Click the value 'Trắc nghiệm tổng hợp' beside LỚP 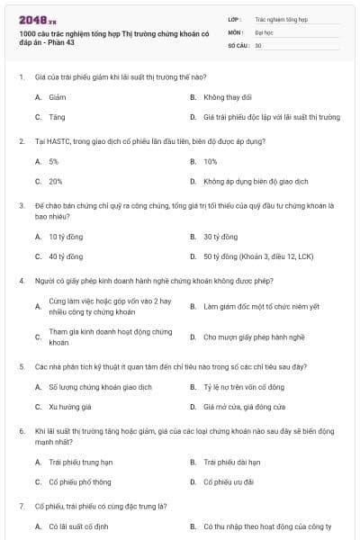click(280, 18)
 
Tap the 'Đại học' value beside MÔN click(265, 31)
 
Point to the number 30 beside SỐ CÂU click(258, 44)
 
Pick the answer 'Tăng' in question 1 click(57, 117)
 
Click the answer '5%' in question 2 click(54, 161)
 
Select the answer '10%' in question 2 click(211, 161)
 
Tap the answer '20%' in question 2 click(56, 182)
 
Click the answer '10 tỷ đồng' click(66, 237)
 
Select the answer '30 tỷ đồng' click(220, 237)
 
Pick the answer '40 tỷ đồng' click(66, 256)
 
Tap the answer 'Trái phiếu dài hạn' click(231, 462)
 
